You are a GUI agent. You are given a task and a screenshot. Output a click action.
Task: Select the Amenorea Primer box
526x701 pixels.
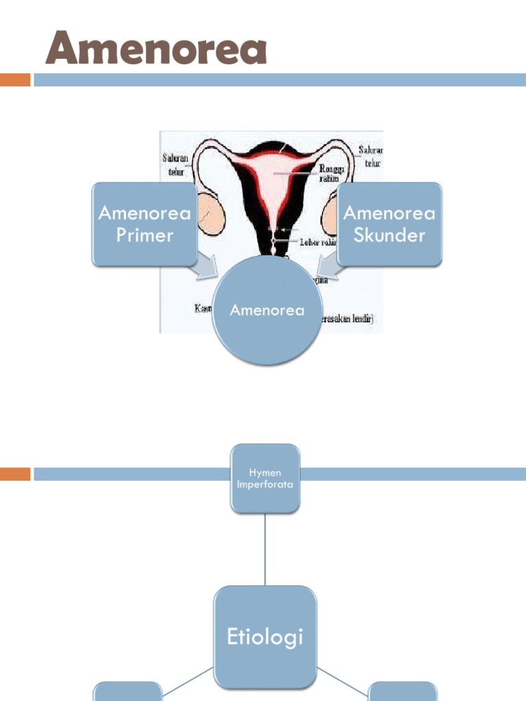pyautogui.click(x=145, y=224)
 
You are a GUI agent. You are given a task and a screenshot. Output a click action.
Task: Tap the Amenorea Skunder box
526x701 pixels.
pyautogui.click(x=389, y=224)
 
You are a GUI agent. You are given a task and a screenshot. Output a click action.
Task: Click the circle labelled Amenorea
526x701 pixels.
pyautogui.click(x=267, y=310)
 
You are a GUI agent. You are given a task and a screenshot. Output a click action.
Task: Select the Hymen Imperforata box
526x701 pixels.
pyautogui.click(x=265, y=479)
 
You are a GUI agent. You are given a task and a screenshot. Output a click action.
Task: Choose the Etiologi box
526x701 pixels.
pyautogui.click(x=265, y=637)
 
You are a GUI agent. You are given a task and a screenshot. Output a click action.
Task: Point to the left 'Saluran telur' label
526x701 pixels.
pyautogui.click(x=176, y=164)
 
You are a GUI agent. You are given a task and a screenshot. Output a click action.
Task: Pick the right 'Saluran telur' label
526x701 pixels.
pyautogui.click(x=371, y=156)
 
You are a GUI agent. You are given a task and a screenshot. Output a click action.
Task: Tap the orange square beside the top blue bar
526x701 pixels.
pyautogui.click(x=15, y=80)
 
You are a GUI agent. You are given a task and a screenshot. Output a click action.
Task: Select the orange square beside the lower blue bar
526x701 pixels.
pyautogui.click(x=15, y=474)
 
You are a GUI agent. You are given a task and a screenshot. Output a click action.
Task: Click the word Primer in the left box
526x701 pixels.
pyautogui.click(x=145, y=235)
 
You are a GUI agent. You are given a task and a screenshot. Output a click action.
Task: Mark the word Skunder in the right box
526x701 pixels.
pyautogui.click(x=389, y=235)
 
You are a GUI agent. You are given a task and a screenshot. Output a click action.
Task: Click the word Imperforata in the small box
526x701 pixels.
pyautogui.click(x=265, y=485)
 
